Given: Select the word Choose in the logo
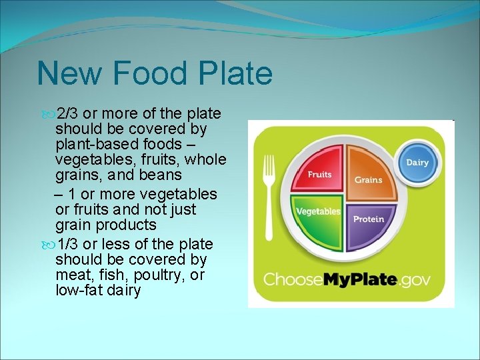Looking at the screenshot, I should point(293,279).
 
